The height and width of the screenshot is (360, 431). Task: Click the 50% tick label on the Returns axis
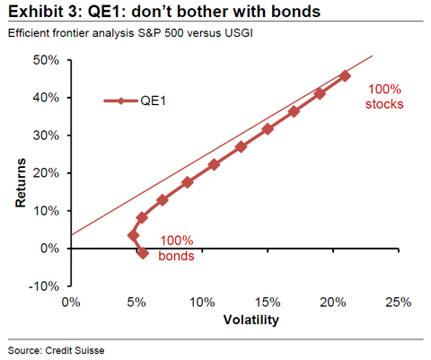click(46, 60)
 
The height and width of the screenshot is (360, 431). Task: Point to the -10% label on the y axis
click(44, 286)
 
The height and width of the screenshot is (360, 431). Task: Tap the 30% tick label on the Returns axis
click(46, 136)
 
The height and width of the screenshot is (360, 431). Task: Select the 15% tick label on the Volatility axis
click(268, 303)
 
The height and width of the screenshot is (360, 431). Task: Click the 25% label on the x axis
click(399, 303)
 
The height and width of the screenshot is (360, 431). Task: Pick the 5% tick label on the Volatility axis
click(136, 303)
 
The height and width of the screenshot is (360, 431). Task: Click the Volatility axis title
click(251, 320)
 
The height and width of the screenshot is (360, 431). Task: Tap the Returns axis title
click(21, 183)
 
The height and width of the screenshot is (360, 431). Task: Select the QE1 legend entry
click(135, 101)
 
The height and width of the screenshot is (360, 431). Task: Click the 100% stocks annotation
click(384, 97)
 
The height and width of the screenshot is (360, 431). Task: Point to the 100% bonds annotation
click(176, 249)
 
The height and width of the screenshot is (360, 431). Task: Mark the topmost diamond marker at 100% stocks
click(345, 76)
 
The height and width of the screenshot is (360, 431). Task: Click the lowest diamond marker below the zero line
click(143, 253)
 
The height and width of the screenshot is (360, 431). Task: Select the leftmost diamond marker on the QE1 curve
click(133, 236)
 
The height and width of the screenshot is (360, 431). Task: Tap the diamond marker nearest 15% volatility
click(268, 129)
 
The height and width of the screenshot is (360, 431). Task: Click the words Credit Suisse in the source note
click(75, 350)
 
